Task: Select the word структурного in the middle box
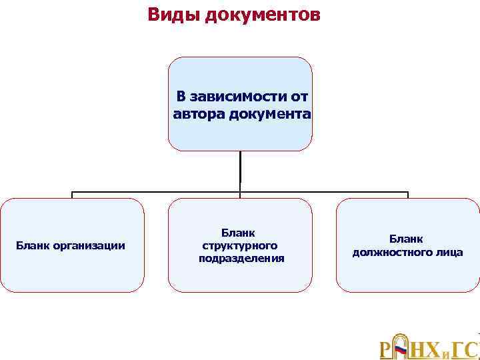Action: (x=240, y=245)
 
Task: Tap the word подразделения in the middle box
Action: (x=241, y=258)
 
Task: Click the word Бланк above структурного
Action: (x=240, y=233)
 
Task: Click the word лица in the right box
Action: (x=450, y=252)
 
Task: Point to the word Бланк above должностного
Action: (x=407, y=239)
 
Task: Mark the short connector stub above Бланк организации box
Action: (x=72, y=195)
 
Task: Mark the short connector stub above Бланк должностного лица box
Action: (x=408, y=195)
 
